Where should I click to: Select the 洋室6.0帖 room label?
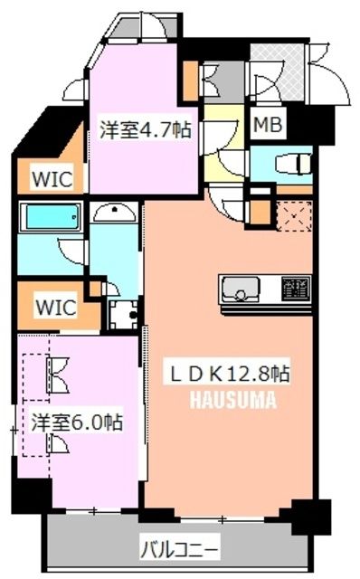(x=77, y=422)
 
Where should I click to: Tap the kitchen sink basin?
(x=241, y=289)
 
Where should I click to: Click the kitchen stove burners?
(x=295, y=289)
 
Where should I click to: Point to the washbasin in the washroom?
(x=115, y=214)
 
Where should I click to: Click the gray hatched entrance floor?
(x=278, y=76)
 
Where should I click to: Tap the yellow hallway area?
(x=223, y=145)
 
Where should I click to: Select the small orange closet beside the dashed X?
(x=260, y=214)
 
